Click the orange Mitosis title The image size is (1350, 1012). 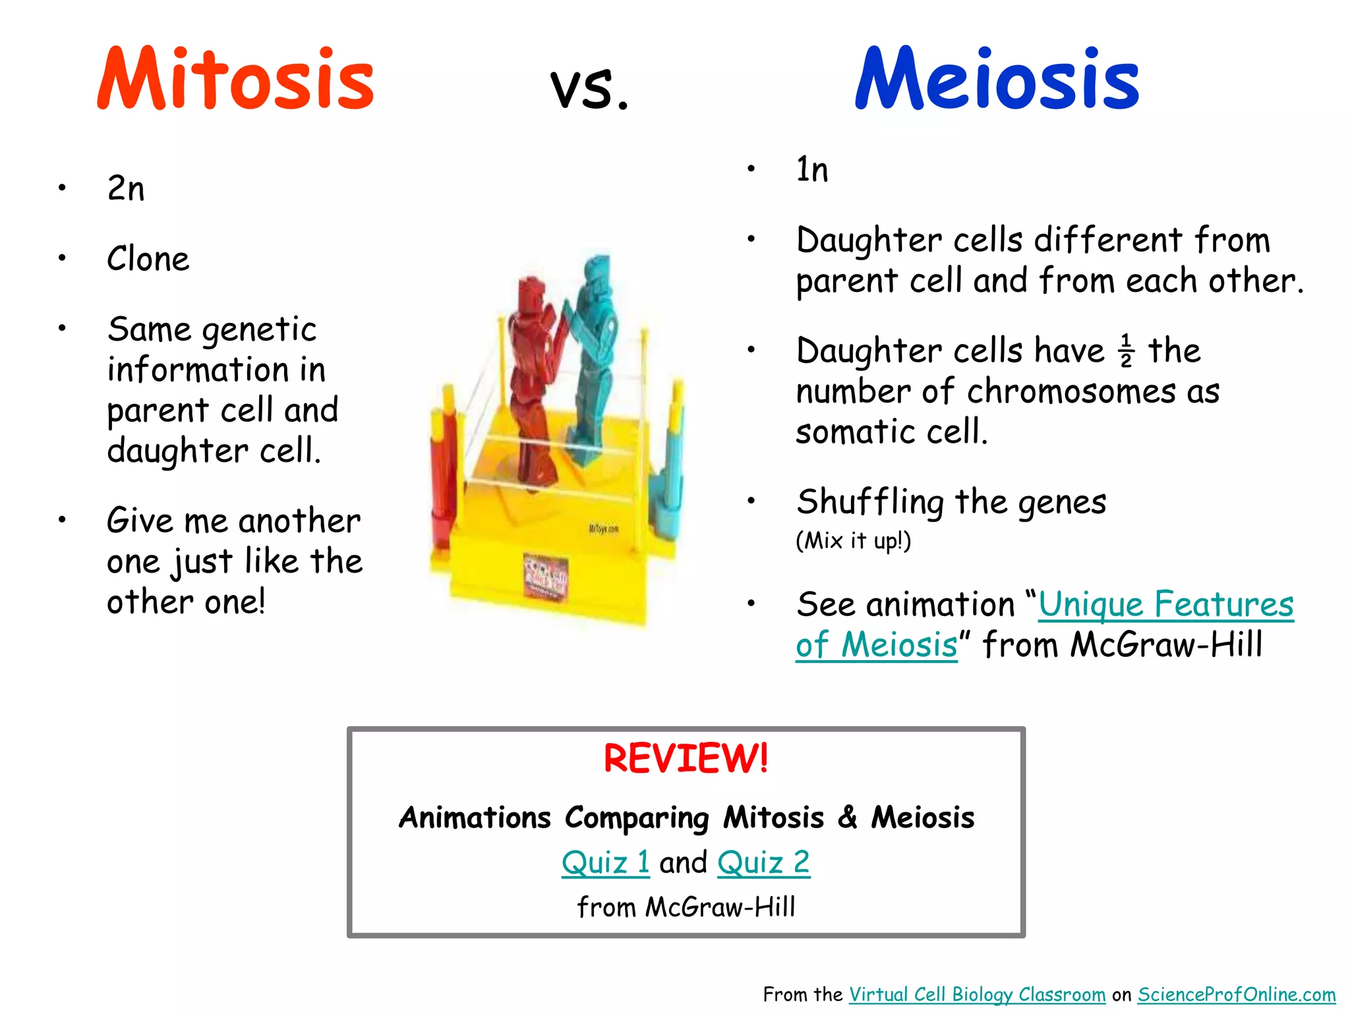pyautogui.click(x=235, y=79)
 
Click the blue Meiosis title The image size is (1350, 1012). pyautogui.click(x=997, y=79)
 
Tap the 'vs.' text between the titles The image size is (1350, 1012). pyautogui.click(x=590, y=89)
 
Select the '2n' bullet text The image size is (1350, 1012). pyautogui.click(x=125, y=188)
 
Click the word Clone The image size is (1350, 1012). pyautogui.click(x=148, y=258)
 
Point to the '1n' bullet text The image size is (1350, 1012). pyautogui.click(x=811, y=170)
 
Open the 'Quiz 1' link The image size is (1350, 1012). pyautogui.click(x=605, y=862)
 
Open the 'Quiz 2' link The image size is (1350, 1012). pyautogui.click(x=763, y=862)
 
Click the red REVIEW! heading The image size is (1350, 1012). pyautogui.click(x=686, y=758)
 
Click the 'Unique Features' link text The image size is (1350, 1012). pyautogui.click(x=1165, y=604)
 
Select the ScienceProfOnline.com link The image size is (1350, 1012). pyautogui.click(x=1236, y=994)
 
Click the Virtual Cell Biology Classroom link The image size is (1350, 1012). pyautogui.click(x=977, y=994)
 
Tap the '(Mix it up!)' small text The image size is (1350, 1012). pyautogui.click(x=853, y=541)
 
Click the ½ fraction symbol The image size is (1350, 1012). pyautogui.click(x=1126, y=351)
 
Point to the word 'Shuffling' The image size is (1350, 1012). pyautogui.click(x=870, y=502)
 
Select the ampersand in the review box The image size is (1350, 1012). pyautogui.click(x=848, y=817)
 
